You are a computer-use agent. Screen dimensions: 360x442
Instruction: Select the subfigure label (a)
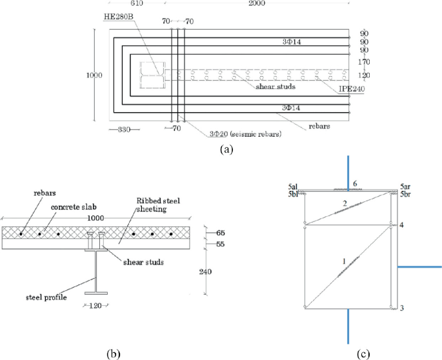[x=225, y=149]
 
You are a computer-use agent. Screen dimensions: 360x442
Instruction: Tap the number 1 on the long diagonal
[x=345, y=261]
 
